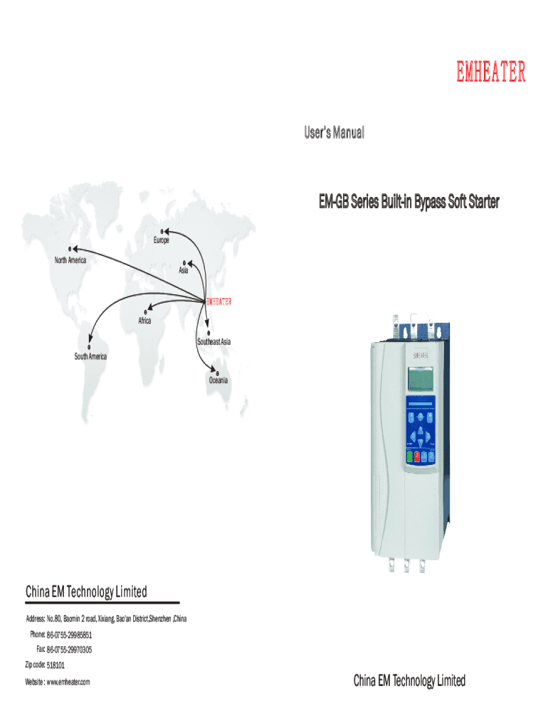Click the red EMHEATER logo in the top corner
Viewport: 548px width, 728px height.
[491, 73]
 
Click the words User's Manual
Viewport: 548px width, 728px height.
[334, 132]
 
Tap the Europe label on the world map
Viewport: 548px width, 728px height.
[161, 241]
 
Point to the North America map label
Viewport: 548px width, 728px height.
[70, 260]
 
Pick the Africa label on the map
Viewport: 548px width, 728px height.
[144, 321]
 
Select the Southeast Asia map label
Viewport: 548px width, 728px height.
[214, 342]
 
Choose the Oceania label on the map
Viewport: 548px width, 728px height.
[218, 380]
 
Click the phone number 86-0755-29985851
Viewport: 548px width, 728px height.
[70, 634]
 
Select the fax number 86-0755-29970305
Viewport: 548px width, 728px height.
[69, 650]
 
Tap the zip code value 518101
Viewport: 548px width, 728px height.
[56, 665]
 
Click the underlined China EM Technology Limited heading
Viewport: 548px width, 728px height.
[86, 591]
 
